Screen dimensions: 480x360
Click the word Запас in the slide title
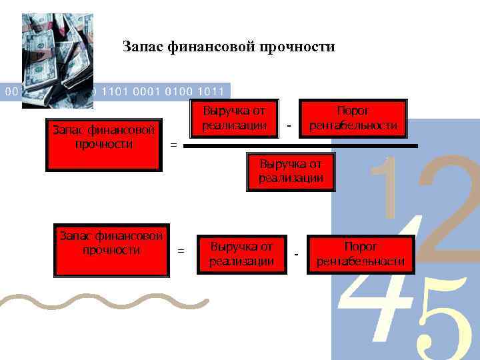[142, 47]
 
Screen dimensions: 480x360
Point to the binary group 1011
[211, 91]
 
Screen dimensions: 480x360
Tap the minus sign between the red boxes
[289, 125]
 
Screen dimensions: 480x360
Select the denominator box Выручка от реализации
[291, 171]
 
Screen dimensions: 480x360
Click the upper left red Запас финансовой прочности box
[103, 145]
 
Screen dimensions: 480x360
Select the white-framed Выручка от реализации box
[242, 254]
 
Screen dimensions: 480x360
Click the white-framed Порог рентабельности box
[360, 254]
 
